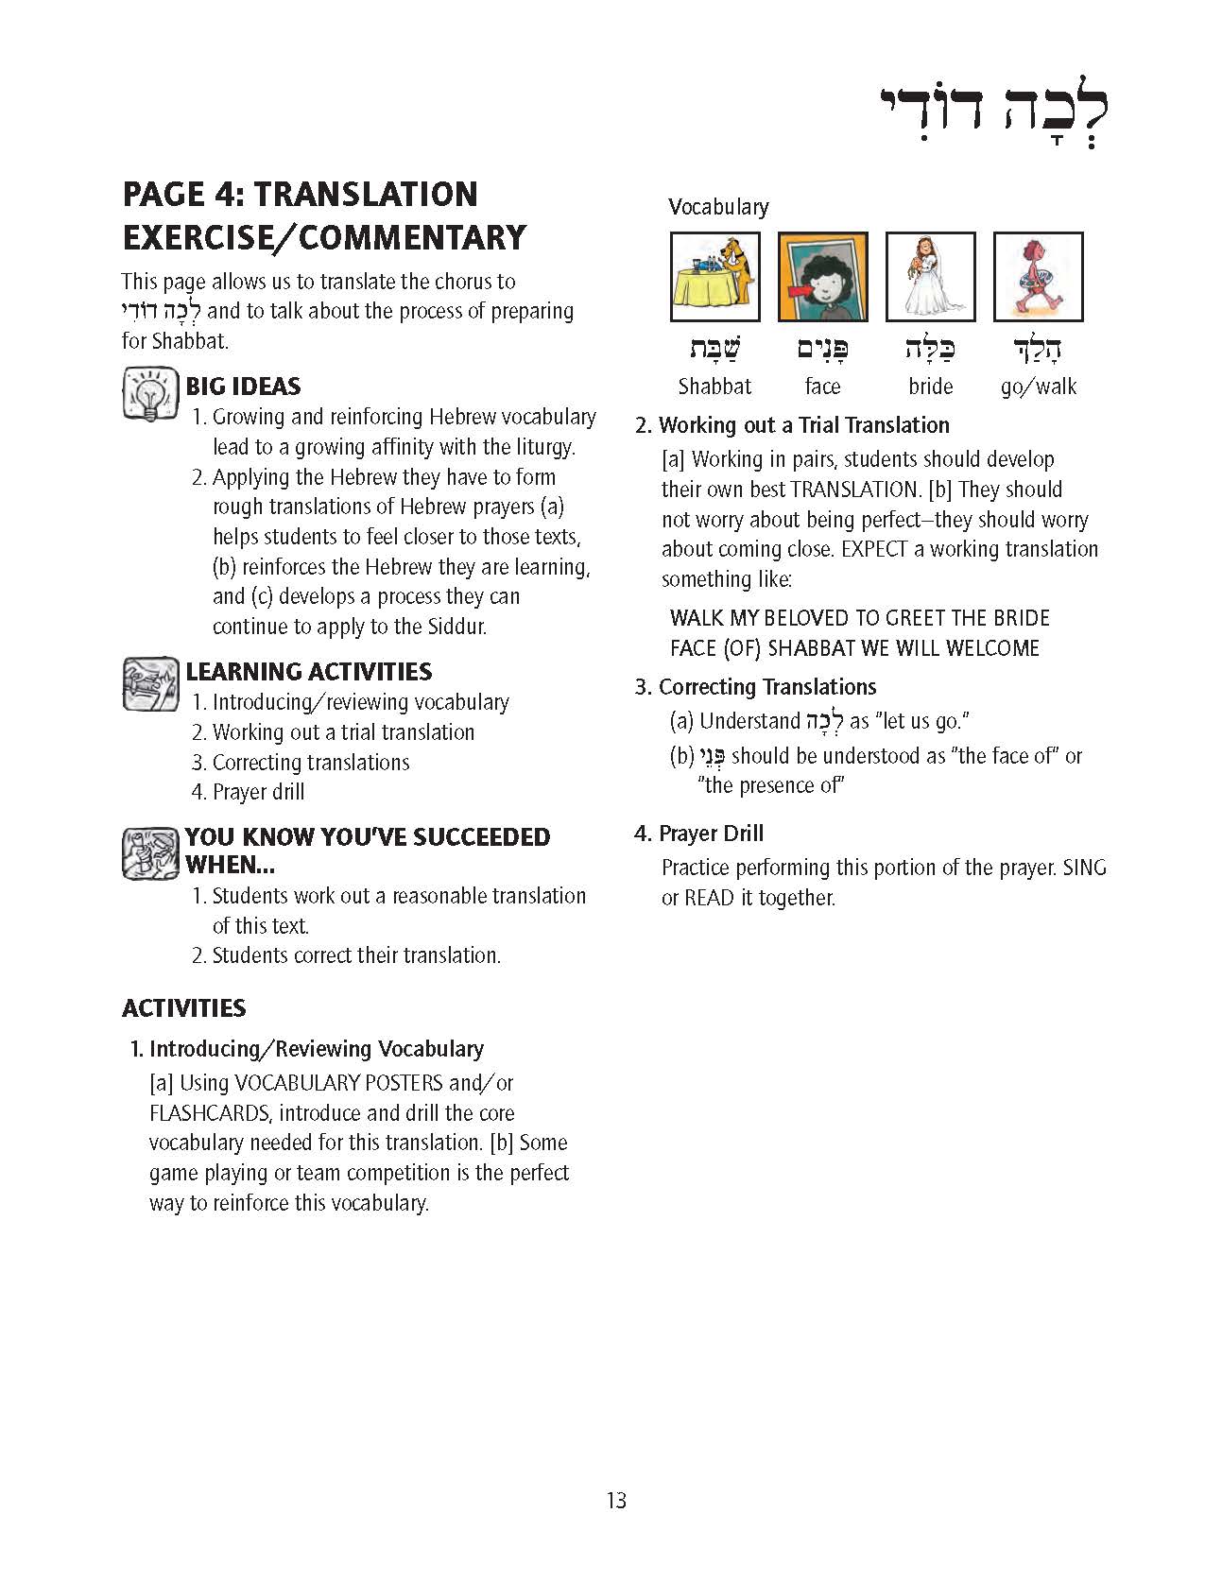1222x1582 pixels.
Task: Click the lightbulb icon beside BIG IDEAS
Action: click(x=150, y=393)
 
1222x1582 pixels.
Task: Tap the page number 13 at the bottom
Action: click(x=616, y=1500)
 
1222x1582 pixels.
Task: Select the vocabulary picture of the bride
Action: click(x=930, y=277)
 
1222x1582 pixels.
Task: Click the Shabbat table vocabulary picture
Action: click(x=714, y=277)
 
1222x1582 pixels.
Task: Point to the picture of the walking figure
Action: click(x=1038, y=277)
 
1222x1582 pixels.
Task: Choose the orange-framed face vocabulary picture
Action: click(x=822, y=277)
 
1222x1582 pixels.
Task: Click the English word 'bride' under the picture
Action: click(x=930, y=387)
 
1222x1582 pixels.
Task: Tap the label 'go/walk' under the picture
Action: click(x=1038, y=387)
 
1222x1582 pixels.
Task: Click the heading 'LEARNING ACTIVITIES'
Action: click(x=308, y=672)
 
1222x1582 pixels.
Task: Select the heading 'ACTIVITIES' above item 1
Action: click(x=183, y=1008)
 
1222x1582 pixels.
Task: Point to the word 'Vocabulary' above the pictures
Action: click(x=718, y=207)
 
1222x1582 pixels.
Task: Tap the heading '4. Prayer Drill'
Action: click(x=698, y=834)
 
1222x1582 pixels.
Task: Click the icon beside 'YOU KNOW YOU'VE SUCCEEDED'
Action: click(x=150, y=852)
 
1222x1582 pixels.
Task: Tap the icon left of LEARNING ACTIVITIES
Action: click(x=150, y=683)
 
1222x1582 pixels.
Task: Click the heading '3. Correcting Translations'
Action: click(x=755, y=687)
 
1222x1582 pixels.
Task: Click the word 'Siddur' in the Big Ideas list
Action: click(x=454, y=627)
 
